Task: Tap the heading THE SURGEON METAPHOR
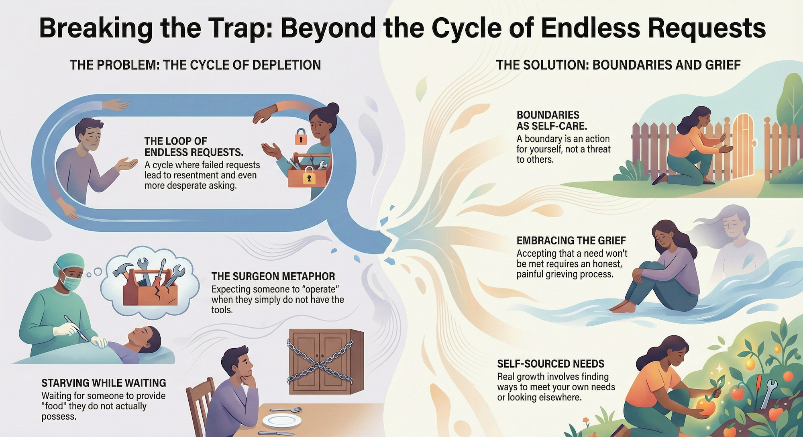point(273,276)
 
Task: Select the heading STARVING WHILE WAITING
point(104,383)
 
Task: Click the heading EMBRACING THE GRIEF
point(571,241)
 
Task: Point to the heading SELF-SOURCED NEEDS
point(550,364)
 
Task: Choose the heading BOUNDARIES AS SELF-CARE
point(551,120)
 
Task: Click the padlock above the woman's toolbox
point(301,137)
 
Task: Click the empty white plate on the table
point(282,421)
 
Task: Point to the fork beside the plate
point(286,410)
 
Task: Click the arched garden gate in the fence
point(742,145)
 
